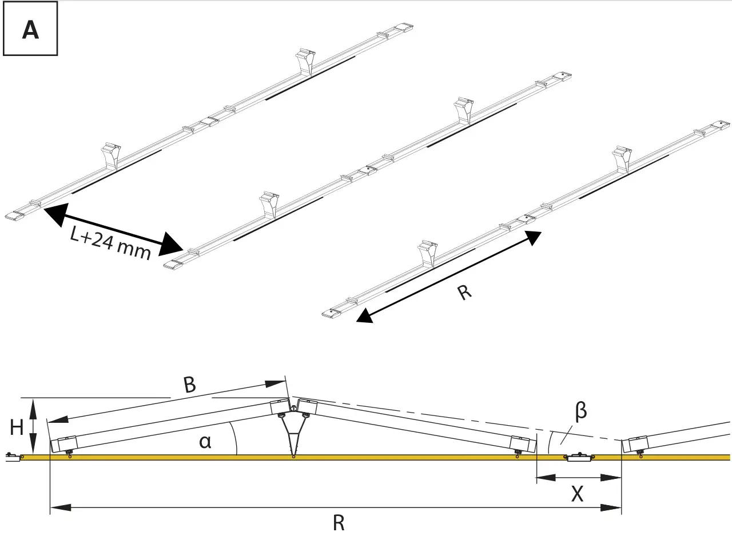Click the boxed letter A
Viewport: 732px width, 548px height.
pos(30,29)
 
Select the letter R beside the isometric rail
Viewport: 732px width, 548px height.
pos(465,293)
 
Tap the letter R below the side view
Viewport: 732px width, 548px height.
pos(339,523)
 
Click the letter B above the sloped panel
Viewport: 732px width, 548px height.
pos(189,385)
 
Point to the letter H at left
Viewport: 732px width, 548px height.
pos(16,427)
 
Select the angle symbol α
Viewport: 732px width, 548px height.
pos(205,441)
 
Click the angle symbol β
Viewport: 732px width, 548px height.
pos(580,411)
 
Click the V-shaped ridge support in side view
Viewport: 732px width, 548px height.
pos(293,429)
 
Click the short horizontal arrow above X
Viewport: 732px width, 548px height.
pos(578,477)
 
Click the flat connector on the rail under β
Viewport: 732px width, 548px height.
pos(579,457)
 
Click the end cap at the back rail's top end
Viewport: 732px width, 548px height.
pos(404,27)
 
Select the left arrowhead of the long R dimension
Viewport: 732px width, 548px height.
pos(61,507)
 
